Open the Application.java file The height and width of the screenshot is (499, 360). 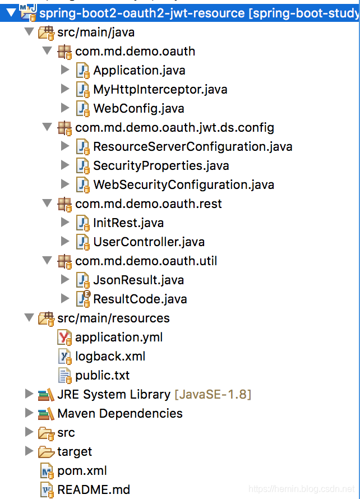[139, 70]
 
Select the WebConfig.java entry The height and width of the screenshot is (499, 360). [139, 108]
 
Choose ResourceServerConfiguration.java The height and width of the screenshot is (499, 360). [192, 146]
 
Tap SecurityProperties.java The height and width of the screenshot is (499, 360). [161, 165]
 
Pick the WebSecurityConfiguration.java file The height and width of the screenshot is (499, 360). [183, 184]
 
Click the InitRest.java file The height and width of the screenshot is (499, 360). [128, 223]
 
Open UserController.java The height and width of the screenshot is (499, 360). [149, 242]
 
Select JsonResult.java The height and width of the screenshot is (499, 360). [139, 280]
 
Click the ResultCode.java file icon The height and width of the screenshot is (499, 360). [83, 298]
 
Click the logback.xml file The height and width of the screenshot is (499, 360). [110, 356]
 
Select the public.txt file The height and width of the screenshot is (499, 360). [102, 375]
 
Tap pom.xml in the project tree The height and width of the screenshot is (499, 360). [82, 470]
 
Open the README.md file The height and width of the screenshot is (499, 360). [93, 489]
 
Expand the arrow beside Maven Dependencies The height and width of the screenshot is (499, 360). [29, 413]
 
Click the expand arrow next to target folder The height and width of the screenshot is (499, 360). [29, 451]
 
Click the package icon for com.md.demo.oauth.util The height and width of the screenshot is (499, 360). [65, 261]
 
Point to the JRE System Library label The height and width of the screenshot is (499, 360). [113, 394]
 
